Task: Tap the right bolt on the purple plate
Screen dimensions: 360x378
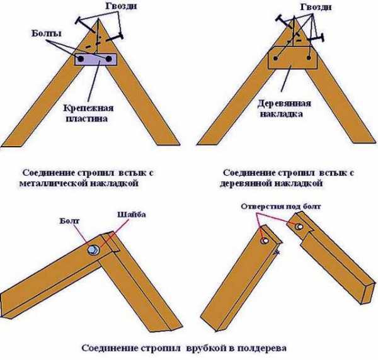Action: [112, 60]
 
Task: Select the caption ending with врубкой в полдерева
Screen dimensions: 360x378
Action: [180, 347]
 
